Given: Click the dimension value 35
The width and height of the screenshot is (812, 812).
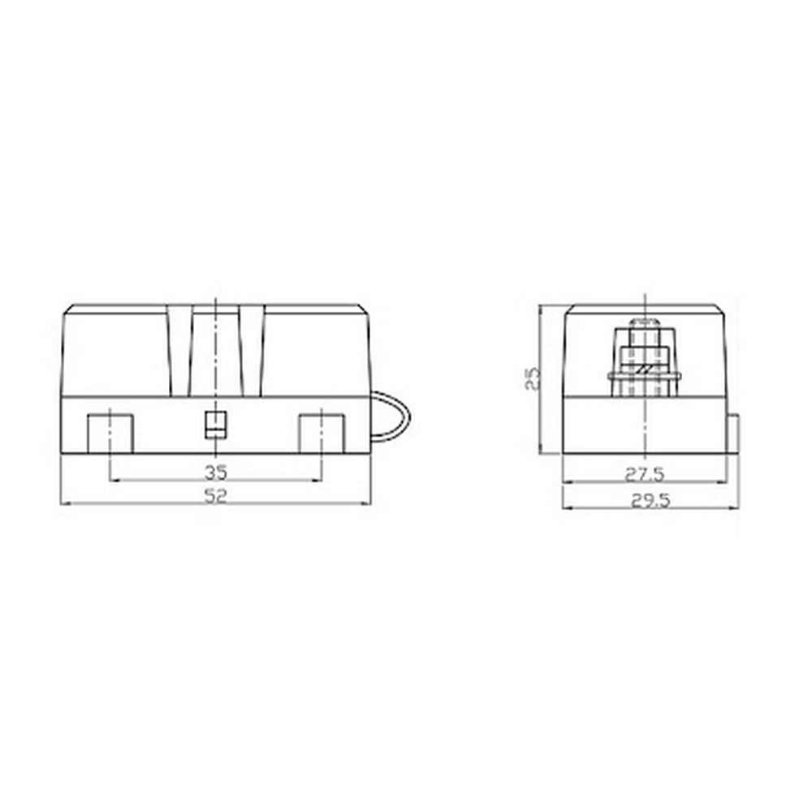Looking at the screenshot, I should click(214, 471).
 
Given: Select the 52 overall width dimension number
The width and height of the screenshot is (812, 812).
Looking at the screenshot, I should click(214, 496).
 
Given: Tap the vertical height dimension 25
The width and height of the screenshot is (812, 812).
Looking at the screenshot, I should click(532, 377).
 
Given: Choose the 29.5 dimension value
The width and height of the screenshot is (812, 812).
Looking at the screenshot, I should click(650, 501).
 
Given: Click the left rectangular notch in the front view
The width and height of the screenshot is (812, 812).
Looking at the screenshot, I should click(110, 433).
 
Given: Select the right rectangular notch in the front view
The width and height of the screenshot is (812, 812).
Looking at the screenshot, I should click(322, 433).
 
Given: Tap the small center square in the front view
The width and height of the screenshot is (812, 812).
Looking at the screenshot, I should click(214, 424).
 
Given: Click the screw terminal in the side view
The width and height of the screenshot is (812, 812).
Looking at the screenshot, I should click(645, 357).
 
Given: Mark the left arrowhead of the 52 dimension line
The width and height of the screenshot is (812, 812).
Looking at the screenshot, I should click(65, 504).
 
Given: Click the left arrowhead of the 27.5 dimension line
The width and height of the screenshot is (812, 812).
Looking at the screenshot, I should click(566, 481).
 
